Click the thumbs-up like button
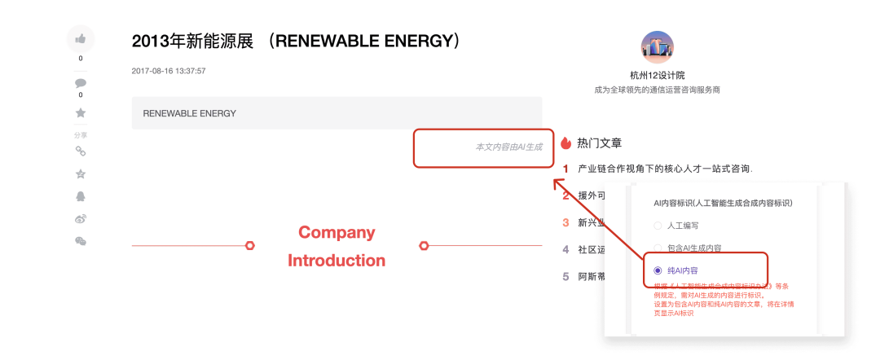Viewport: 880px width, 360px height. click(81, 38)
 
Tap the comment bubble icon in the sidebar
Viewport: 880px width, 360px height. click(81, 83)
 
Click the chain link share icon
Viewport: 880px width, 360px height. click(81, 151)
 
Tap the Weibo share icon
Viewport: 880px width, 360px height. click(81, 218)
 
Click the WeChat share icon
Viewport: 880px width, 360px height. click(81, 241)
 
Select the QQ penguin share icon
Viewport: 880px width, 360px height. click(81, 196)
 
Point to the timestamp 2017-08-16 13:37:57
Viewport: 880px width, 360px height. click(169, 71)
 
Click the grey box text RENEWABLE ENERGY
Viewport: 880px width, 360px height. click(189, 113)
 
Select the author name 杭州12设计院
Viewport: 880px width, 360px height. click(658, 76)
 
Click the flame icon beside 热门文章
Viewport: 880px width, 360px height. click(566, 143)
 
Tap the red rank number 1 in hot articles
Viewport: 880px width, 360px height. click(565, 169)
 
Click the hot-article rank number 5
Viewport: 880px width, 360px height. click(565, 276)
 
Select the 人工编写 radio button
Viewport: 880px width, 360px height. click(658, 226)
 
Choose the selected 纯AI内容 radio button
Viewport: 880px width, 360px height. click(658, 270)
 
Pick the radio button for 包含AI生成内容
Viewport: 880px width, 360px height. click(658, 248)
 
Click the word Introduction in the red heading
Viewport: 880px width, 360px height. click(337, 261)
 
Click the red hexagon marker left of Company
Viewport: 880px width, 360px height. click(250, 245)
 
